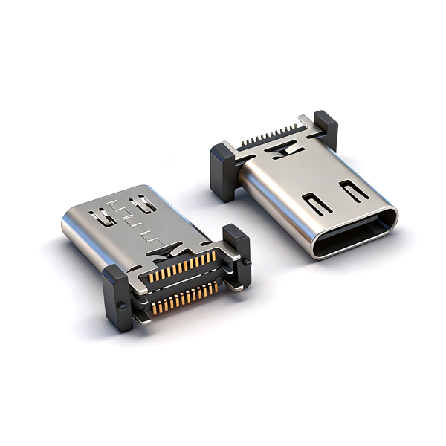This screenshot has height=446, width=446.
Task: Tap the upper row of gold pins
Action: click(183, 268)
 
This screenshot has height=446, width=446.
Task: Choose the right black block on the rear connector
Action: click(326, 129)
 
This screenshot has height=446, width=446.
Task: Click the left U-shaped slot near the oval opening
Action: click(315, 204)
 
